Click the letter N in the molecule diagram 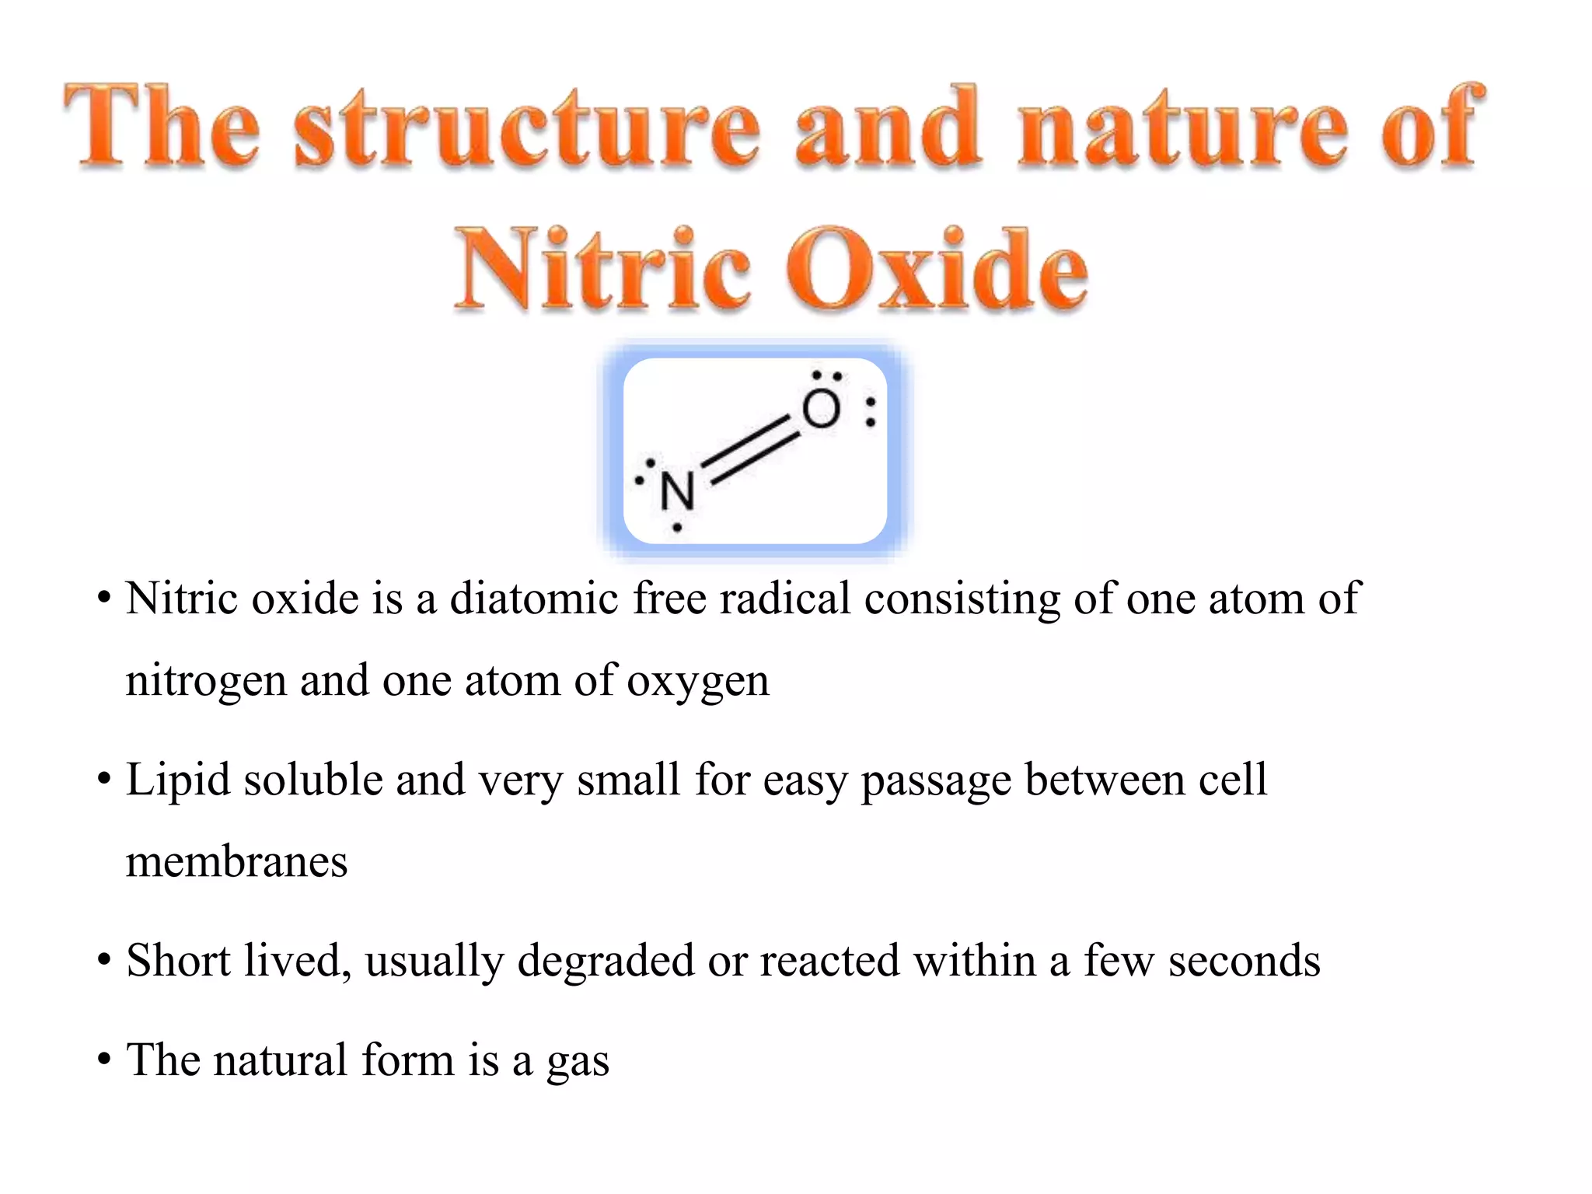tap(677, 492)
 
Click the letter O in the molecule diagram tap(821, 410)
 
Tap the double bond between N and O tap(751, 451)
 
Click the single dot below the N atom tap(677, 528)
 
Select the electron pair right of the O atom tap(871, 412)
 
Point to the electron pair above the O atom tap(826, 376)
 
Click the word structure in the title tap(527, 128)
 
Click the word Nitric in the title tap(602, 270)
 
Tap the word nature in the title tap(1182, 128)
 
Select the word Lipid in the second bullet tap(178, 780)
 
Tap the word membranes tap(236, 862)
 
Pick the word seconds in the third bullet tap(1244, 961)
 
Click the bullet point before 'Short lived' tap(104, 962)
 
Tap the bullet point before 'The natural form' tap(104, 1060)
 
